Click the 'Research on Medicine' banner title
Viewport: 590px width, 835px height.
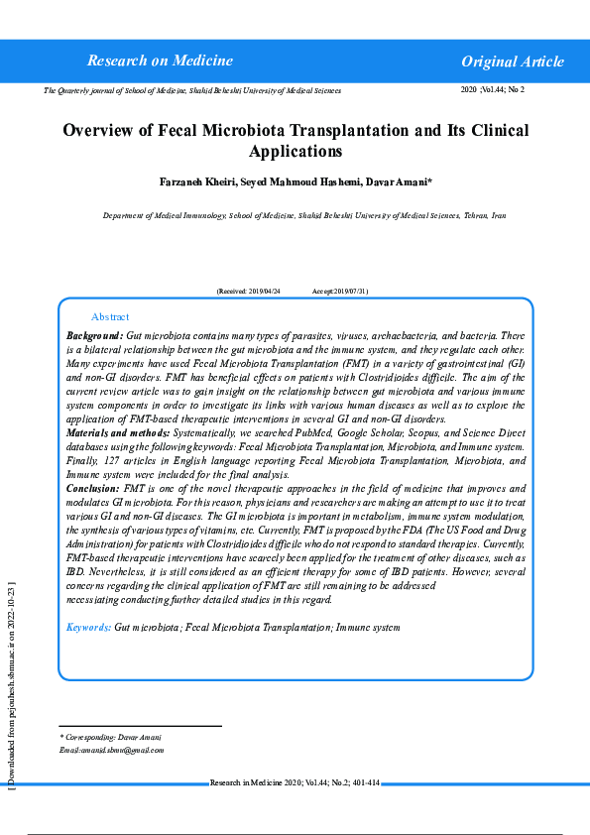[160, 60]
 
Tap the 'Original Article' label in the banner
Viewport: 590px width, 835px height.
[512, 61]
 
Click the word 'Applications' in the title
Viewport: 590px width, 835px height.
[295, 152]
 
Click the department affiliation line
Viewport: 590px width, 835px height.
[304, 215]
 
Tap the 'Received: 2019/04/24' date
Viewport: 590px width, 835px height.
[249, 292]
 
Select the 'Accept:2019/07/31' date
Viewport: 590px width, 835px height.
[340, 292]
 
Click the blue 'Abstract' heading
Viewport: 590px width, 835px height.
[110, 316]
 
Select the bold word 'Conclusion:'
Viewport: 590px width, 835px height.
[92, 489]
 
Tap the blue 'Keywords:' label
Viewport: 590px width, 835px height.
[88, 628]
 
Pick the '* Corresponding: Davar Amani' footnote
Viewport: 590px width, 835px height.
[110, 737]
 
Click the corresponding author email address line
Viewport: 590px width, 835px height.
[111, 750]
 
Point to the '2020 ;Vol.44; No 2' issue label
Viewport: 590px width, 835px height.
[493, 89]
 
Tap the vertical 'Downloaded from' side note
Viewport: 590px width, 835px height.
[10, 684]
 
